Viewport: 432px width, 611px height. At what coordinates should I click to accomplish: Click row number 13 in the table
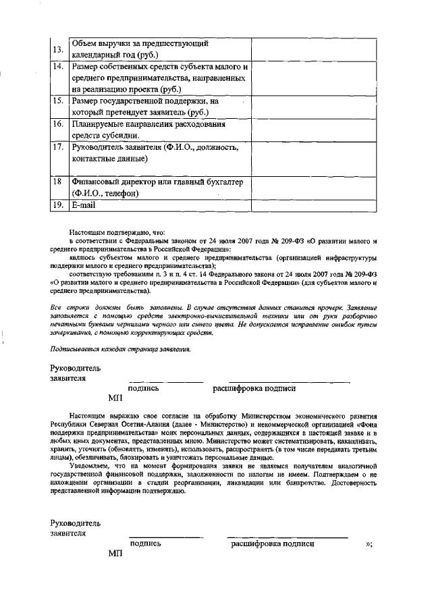click(59, 49)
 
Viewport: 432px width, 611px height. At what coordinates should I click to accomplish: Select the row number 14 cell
click(59, 67)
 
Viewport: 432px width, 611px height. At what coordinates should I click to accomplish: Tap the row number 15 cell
click(59, 101)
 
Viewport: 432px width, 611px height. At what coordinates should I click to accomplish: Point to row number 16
click(59, 124)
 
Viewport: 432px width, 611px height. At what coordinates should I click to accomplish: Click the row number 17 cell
click(59, 147)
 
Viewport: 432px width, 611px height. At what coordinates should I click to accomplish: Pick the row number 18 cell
click(59, 182)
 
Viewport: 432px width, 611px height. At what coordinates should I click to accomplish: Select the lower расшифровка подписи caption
click(272, 543)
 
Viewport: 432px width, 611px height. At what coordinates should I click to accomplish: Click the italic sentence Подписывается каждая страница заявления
click(121, 349)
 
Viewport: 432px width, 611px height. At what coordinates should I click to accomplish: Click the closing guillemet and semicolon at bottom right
click(368, 543)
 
